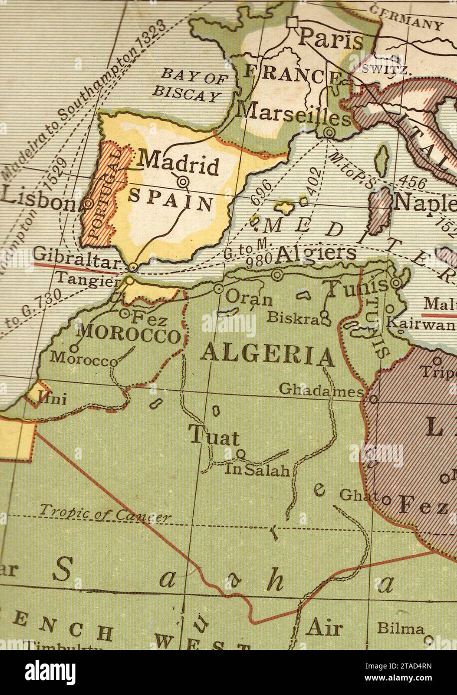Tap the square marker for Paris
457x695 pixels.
pyautogui.click(x=292, y=21)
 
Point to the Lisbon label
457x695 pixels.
pyautogui.click(x=37, y=197)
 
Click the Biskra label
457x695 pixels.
pyautogui.click(x=292, y=316)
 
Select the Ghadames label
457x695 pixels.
pyautogui.click(x=321, y=389)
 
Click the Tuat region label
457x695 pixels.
pyautogui.click(x=214, y=436)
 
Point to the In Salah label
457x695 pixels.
pyautogui.click(x=257, y=469)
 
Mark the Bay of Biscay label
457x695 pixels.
pyautogui.click(x=191, y=84)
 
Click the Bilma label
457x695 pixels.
pyautogui.click(x=400, y=629)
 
